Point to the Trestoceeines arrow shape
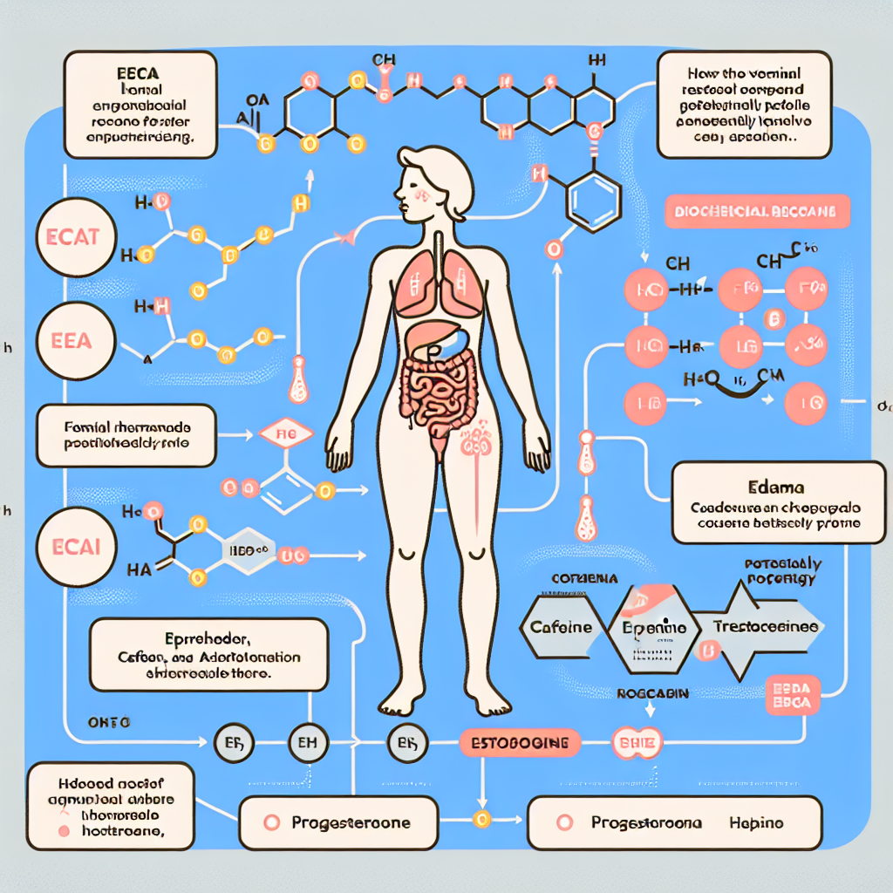point(765,626)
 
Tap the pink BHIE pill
point(638,743)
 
